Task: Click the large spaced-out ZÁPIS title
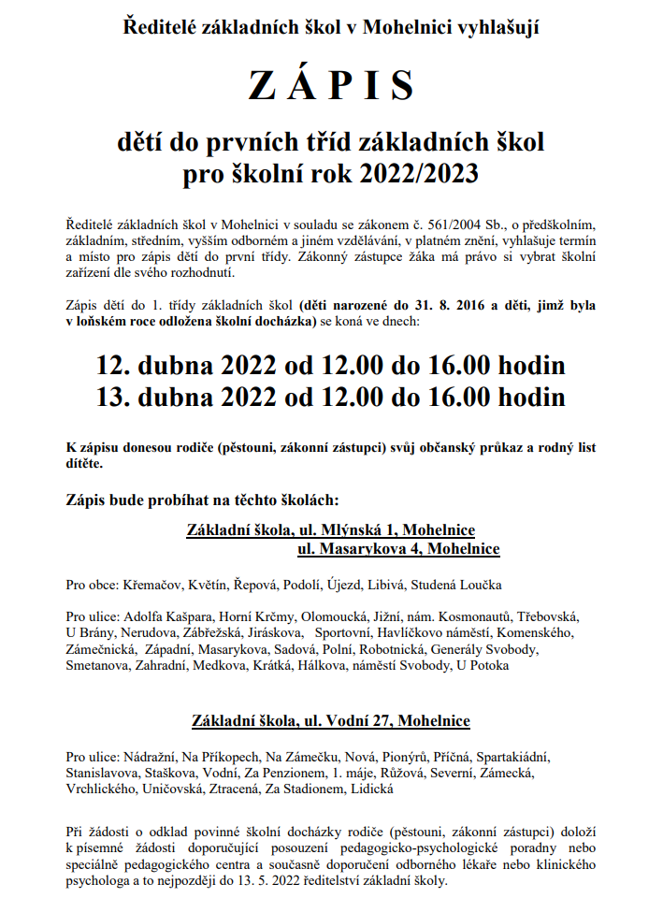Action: point(331,86)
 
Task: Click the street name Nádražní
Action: point(151,757)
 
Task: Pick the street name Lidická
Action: point(372,789)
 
